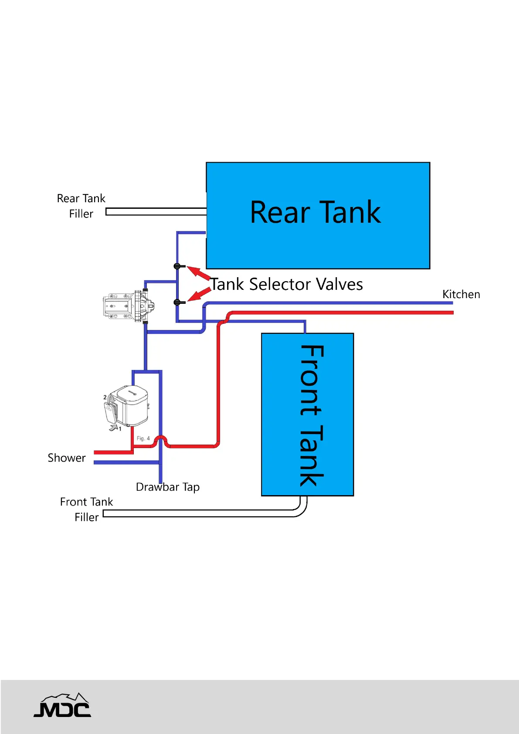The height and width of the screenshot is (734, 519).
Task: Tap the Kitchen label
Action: click(x=461, y=294)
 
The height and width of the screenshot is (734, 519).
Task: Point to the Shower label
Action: click(x=67, y=458)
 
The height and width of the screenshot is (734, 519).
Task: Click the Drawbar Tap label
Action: click(x=168, y=487)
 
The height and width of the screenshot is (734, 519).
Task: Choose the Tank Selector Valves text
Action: click(x=287, y=284)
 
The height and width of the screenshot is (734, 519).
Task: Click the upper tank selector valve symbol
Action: click(x=178, y=266)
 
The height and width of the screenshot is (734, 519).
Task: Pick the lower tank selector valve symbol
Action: click(x=178, y=302)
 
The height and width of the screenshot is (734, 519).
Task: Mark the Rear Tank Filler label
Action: click(x=81, y=206)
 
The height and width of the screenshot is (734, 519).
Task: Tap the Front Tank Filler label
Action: click(x=86, y=510)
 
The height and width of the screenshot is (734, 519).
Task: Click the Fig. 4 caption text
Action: click(x=143, y=438)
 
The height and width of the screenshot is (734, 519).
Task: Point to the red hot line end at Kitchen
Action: click(x=451, y=313)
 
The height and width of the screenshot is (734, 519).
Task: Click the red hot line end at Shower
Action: click(x=97, y=452)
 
